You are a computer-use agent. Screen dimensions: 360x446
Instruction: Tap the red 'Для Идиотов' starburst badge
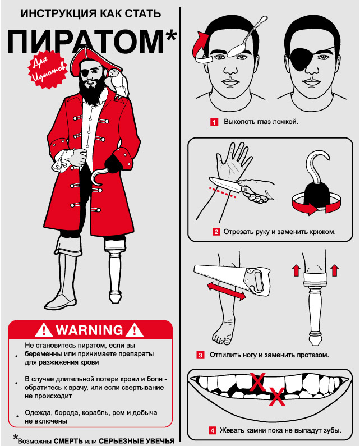pyautogui.click(x=48, y=70)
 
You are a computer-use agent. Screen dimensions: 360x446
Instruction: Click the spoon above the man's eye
pyautogui.click(x=247, y=38)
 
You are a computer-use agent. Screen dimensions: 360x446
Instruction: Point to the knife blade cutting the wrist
pyautogui.click(x=224, y=185)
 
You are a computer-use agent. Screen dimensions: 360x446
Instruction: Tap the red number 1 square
pyautogui.click(x=214, y=122)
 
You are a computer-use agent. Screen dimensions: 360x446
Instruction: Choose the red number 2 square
pyautogui.click(x=216, y=232)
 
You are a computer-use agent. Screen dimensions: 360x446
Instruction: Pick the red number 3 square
pyautogui.click(x=201, y=355)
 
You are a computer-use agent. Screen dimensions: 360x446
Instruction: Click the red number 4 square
pyautogui.click(x=212, y=430)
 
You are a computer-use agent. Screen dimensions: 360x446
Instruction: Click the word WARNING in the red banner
pyautogui.click(x=89, y=330)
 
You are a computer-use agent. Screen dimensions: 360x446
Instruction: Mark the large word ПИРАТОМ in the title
pyautogui.click(x=85, y=42)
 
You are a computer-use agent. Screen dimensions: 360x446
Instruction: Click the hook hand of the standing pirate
pyautogui.click(x=99, y=177)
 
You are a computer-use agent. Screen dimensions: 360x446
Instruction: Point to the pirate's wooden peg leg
pyautogui.click(x=115, y=270)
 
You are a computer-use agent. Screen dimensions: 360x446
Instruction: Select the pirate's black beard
pyautogui.click(x=93, y=90)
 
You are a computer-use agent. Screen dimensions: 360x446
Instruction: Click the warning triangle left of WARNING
pyautogui.click(x=44, y=330)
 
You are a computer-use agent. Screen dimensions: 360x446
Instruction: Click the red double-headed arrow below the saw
pyautogui.click(x=226, y=291)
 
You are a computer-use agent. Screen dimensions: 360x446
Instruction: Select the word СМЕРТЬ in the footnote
pyautogui.click(x=68, y=441)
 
